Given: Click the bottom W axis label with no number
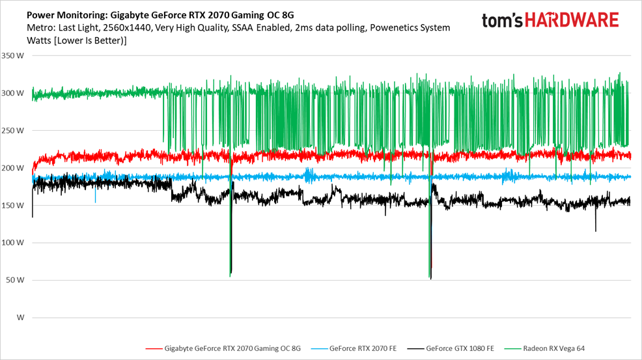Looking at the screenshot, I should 20,318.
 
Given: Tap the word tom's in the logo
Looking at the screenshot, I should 503,20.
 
